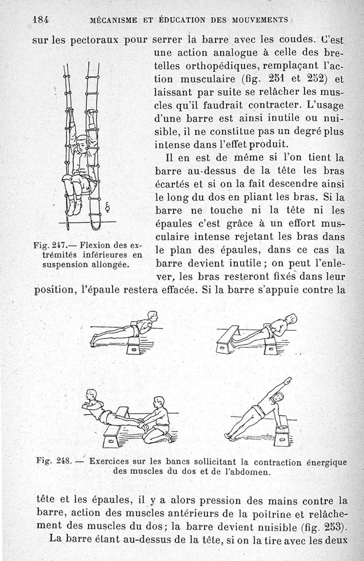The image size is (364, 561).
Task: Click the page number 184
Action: pos(40,20)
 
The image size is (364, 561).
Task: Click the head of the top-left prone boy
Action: pos(152,316)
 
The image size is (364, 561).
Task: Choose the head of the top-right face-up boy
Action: pos(291,318)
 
